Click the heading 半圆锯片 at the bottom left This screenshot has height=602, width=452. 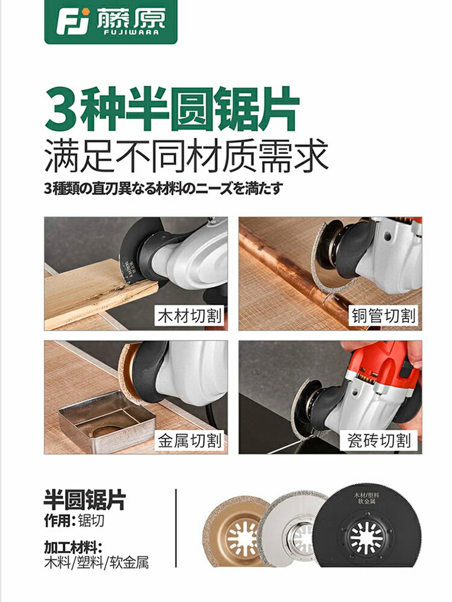[x=85, y=500]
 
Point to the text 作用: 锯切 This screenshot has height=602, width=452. [x=69, y=520]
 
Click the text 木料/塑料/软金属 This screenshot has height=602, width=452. [x=96, y=563]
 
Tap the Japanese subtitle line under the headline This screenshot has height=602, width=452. [x=163, y=188]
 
